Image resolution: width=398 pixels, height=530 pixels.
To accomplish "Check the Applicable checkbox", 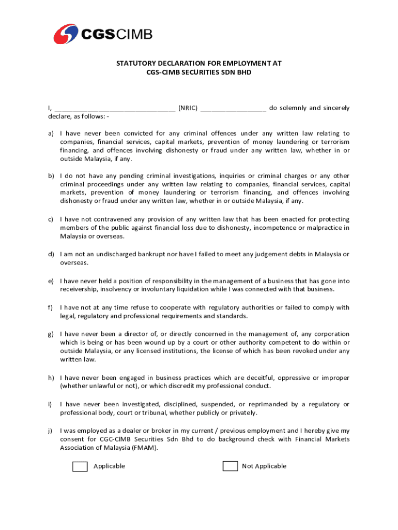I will (x=80, y=466).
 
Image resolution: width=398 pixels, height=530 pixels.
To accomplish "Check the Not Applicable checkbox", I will (x=230, y=466).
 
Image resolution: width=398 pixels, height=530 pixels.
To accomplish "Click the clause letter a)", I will (x=51, y=134).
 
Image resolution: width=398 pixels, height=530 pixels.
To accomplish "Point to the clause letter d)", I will (x=51, y=254).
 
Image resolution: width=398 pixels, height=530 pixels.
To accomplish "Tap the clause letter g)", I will (x=51, y=334).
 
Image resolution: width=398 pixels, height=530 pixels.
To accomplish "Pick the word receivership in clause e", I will (x=78, y=289).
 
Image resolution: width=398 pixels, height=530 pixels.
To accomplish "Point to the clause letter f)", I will (x=51, y=307).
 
